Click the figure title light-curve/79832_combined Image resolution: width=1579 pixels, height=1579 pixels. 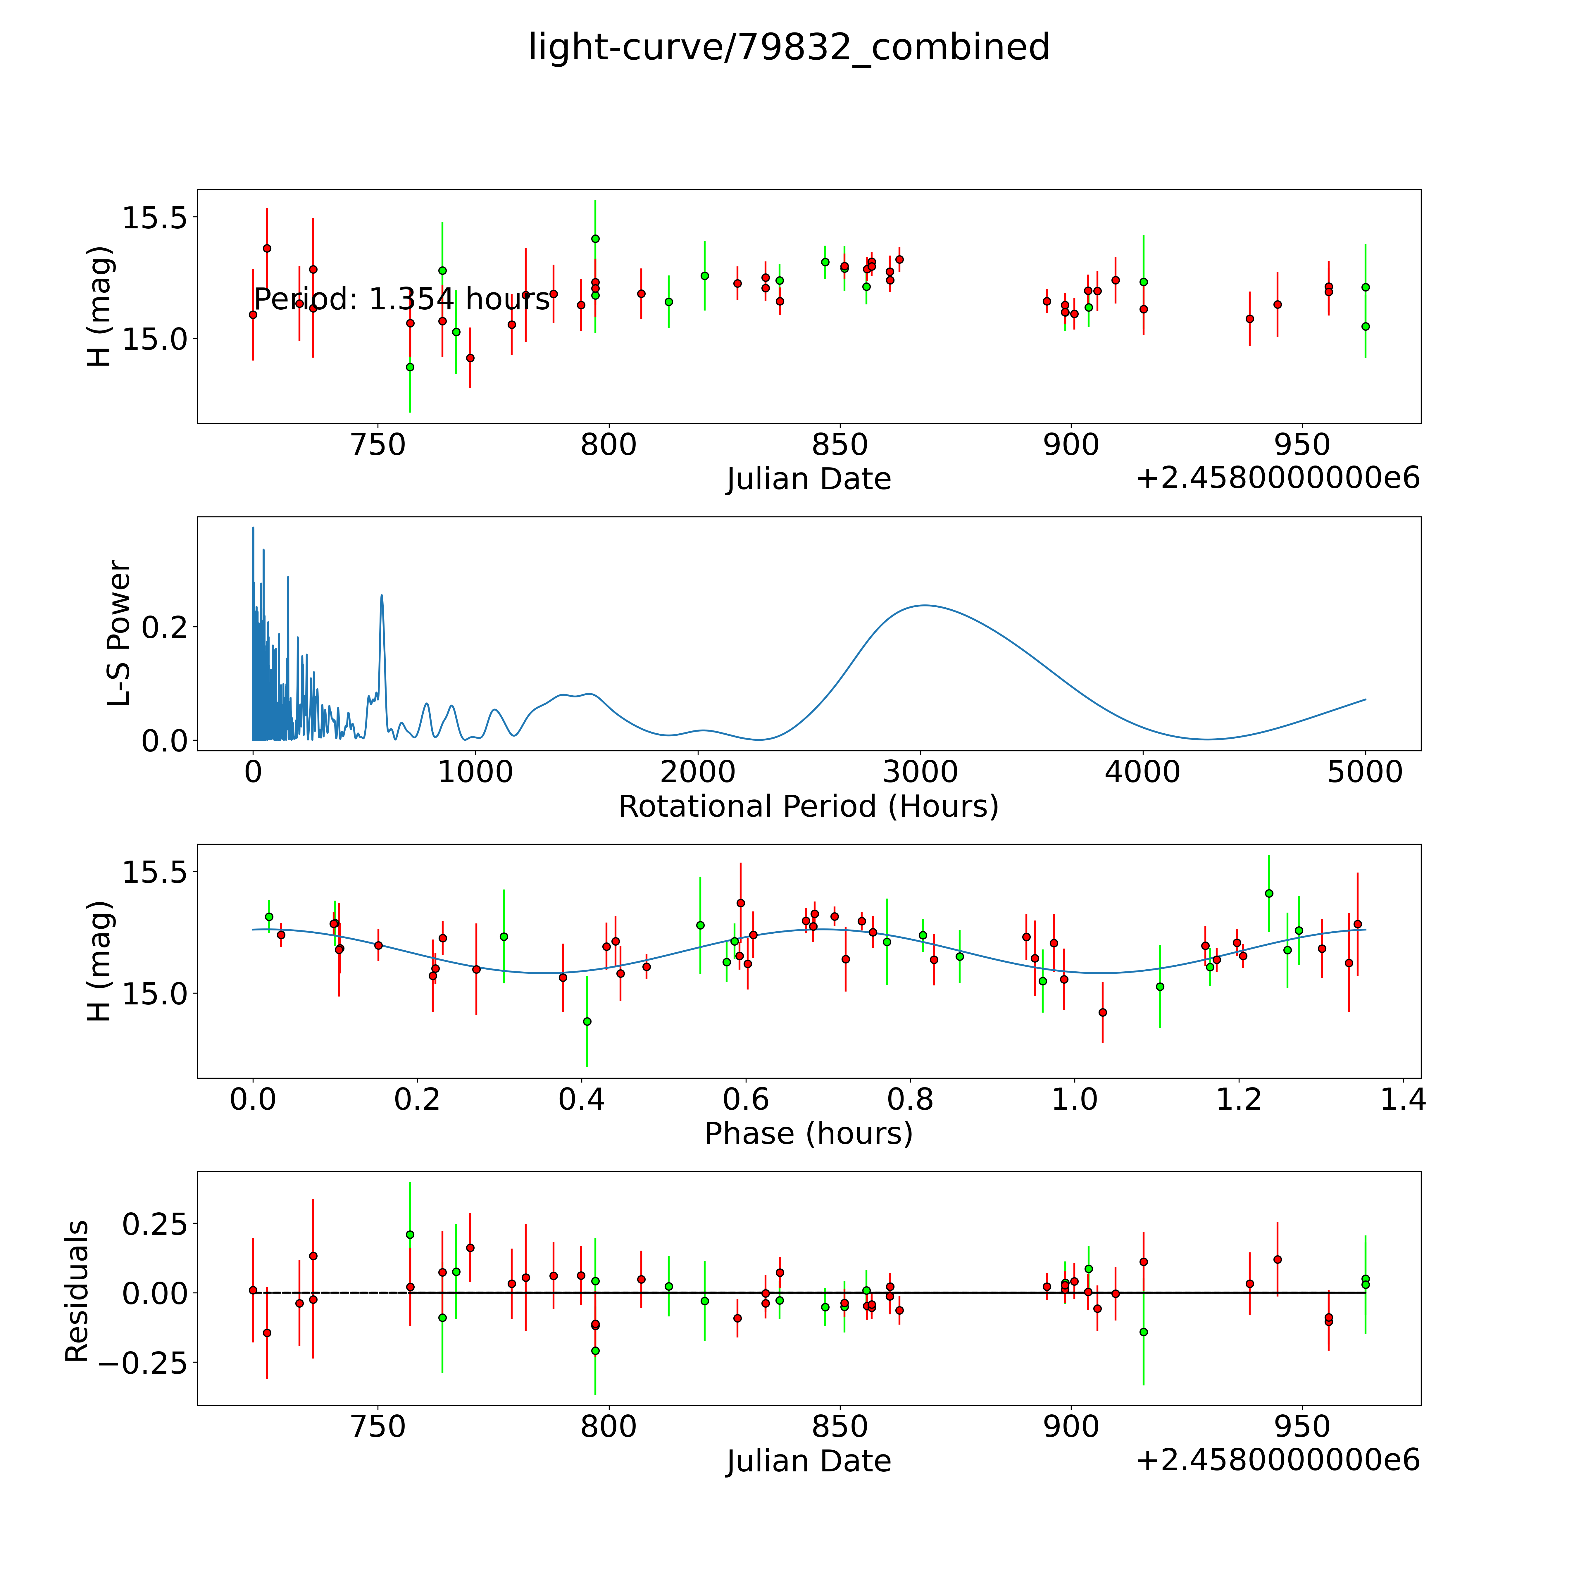789,47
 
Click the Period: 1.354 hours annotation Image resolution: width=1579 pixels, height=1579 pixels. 402,300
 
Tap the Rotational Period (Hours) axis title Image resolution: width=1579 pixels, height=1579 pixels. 808,807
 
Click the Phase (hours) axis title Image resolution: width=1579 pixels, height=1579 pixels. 808,1134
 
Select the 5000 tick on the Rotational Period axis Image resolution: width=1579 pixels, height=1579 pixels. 1365,772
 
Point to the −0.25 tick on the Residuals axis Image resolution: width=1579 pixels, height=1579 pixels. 137,1362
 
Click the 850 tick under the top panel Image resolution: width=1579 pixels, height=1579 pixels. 839,445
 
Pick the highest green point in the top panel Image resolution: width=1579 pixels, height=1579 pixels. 595,239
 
